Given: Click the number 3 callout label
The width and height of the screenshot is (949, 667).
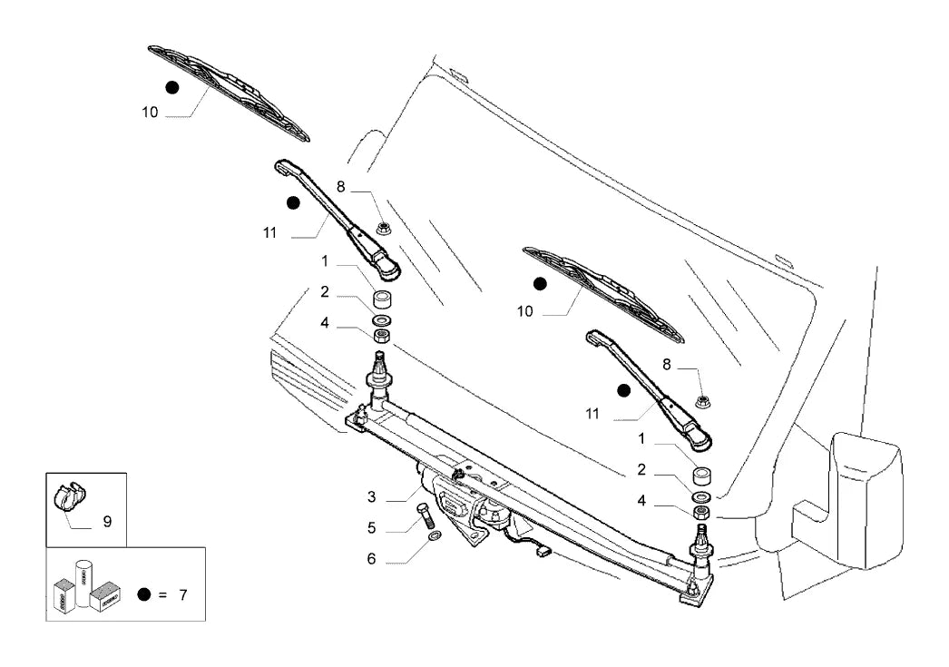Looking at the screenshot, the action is click(372, 497).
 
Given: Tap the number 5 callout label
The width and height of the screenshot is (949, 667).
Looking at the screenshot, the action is click(372, 528).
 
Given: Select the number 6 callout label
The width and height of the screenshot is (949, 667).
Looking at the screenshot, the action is click(372, 559).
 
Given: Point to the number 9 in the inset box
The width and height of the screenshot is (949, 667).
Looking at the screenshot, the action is click(107, 521).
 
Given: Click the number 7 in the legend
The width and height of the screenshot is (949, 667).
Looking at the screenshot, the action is click(182, 595).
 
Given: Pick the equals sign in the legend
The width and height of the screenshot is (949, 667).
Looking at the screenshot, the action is click(162, 595).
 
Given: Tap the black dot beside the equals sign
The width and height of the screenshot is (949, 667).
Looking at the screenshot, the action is click(144, 594).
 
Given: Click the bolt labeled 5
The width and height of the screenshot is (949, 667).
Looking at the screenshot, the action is click(425, 515).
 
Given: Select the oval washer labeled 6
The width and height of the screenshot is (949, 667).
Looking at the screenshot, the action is click(434, 536).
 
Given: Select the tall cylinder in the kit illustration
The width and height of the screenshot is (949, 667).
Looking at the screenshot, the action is click(83, 584).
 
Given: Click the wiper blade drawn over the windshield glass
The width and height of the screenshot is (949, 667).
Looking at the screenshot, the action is click(603, 295).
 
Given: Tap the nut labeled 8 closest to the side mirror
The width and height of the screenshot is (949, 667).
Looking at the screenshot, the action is click(702, 401).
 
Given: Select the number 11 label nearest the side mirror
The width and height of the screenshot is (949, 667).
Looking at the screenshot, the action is click(592, 414).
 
